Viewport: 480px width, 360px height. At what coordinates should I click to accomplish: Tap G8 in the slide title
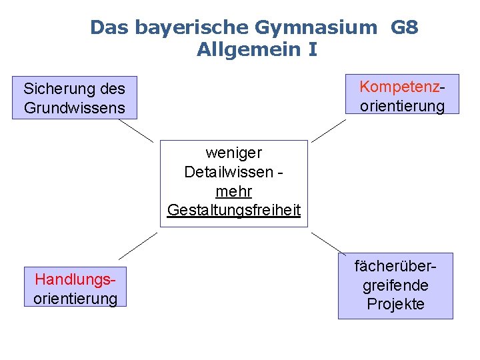405,27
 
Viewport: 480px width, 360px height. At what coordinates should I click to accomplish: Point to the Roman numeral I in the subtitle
313,49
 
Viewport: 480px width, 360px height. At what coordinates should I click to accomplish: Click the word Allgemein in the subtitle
248,50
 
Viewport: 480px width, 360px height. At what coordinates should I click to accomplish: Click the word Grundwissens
74,107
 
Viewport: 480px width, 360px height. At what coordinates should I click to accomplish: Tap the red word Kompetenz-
402,87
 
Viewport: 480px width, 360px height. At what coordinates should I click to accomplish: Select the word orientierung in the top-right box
402,106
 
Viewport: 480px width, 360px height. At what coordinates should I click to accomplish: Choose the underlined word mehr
234,191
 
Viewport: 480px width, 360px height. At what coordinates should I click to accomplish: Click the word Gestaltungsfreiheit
234,211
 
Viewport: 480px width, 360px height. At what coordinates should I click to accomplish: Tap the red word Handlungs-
74,279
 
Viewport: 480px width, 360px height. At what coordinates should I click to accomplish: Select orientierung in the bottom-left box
75,298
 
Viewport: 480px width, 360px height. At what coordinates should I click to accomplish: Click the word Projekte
395,305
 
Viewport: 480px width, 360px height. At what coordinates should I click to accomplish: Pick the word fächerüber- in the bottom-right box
395,266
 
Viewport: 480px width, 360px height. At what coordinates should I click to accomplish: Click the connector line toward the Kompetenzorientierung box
329,129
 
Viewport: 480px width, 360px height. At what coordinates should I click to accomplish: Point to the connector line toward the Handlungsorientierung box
138,245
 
